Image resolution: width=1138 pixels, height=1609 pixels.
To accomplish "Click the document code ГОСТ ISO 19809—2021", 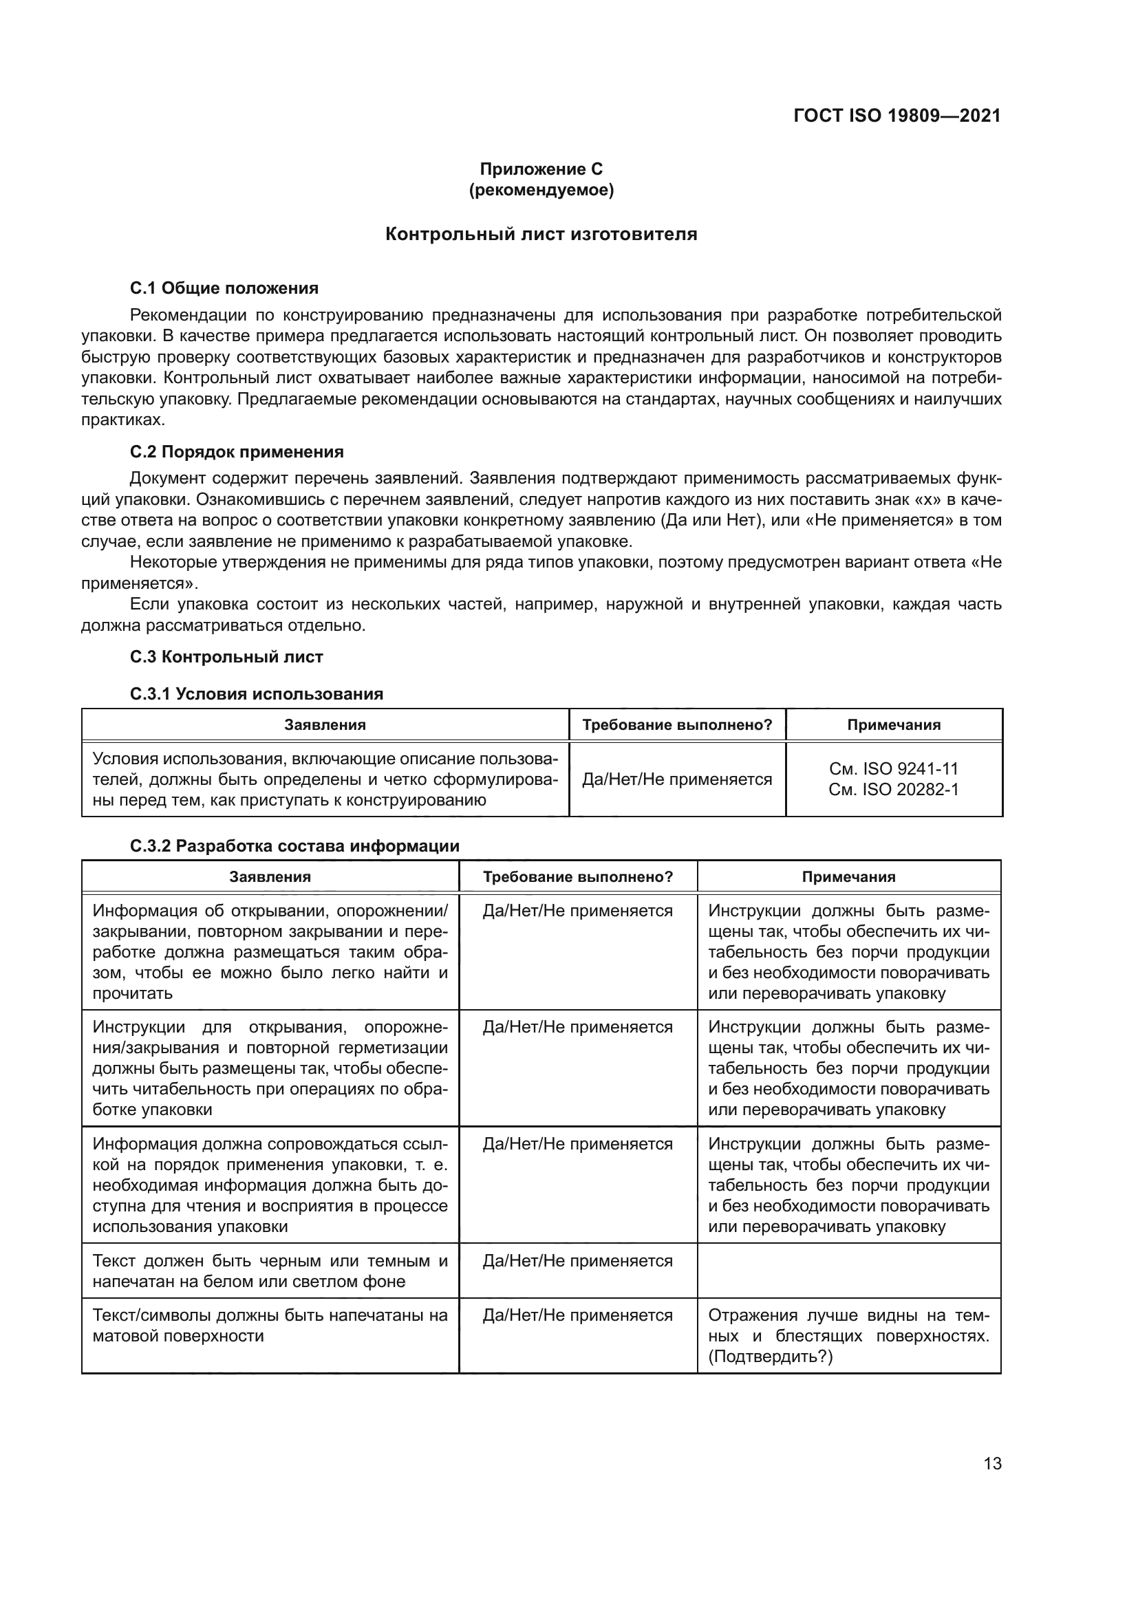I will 897,116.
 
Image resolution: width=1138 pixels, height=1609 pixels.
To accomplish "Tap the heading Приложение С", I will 541,169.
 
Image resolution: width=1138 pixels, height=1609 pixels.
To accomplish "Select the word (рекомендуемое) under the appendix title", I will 541,190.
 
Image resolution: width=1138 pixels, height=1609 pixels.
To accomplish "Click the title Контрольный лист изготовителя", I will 541,234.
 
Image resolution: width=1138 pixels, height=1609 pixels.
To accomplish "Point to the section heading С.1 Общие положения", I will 224,288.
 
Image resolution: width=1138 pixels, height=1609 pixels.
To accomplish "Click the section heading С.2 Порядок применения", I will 237,451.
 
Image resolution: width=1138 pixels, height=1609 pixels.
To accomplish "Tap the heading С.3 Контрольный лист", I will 226,657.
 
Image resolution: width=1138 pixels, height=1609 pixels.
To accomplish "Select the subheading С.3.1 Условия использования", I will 257,694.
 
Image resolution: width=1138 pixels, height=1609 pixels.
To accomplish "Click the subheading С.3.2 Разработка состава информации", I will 294,846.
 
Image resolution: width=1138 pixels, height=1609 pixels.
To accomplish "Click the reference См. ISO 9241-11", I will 894,769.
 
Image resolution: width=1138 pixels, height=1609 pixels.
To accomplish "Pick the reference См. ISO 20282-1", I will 894,790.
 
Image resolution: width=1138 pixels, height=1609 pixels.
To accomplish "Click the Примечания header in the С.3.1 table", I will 894,724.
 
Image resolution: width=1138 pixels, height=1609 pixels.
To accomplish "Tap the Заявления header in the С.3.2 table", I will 270,876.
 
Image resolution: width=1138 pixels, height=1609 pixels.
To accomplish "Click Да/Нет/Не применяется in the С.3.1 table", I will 677,779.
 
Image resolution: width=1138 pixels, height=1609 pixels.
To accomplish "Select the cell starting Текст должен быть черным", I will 270,1271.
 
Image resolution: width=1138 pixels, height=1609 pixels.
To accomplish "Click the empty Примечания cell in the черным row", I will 848,1271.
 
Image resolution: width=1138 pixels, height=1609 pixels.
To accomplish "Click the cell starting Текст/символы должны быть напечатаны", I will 270,1326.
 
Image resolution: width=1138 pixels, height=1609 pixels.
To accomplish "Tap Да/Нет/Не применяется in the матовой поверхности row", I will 577,1316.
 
